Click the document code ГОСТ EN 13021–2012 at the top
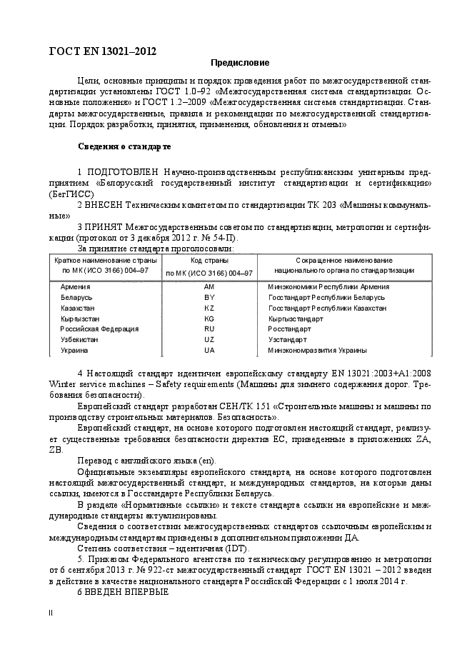click(x=101, y=51)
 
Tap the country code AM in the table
click(x=209, y=286)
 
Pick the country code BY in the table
click(x=209, y=297)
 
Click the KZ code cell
click(x=209, y=308)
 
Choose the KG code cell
click(x=209, y=319)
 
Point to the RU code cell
click(x=209, y=329)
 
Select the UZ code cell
click(x=209, y=340)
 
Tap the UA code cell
click(x=209, y=351)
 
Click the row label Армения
click(x=76, y=286)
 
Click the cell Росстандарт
click(x=290, y=329)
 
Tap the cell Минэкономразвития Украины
click(x=318, y=351)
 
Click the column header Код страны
click(x=209, y=261)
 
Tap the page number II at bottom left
click(x=50, y=613)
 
